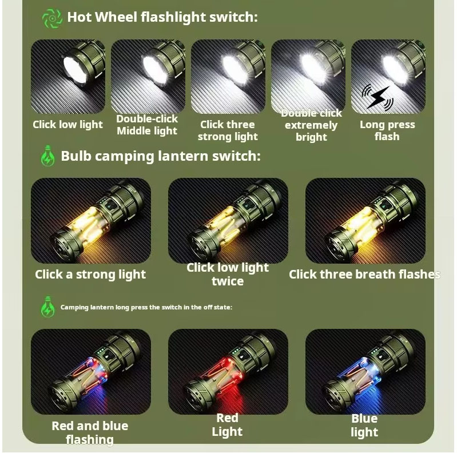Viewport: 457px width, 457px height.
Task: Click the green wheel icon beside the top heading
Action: [x=52, y=18]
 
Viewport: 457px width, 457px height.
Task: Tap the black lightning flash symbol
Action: [x=377, y=97]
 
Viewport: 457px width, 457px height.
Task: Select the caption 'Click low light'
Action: [x=67, y=125]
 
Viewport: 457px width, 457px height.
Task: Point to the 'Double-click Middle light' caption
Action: [x=147, y=125]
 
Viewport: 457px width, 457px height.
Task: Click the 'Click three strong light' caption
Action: [x=228, y=130]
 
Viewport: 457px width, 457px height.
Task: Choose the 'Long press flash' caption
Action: [x=387, y=130]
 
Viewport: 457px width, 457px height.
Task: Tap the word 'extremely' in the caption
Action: [x=311, y=125]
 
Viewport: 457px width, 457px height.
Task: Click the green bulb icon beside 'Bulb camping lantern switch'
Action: [x=48, y=156]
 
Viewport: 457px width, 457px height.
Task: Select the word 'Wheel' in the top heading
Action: [x=116, y=17]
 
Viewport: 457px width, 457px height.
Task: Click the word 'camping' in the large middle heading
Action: [x=125, y=157]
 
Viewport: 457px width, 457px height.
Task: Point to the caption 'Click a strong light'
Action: [x=90, y=275]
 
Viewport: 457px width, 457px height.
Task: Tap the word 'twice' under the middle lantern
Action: [x=228, y=281]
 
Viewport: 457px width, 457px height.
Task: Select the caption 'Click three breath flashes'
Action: [x=364, y=275]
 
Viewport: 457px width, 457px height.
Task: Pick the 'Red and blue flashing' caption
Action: [x=90, y=432]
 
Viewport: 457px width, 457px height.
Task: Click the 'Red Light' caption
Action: [x=227, y=424]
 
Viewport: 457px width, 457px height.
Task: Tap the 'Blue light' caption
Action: [x=364, y=425]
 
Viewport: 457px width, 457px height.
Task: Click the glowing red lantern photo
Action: [x=228, y=371]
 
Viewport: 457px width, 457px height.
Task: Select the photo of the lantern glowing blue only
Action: [x=365, y=371]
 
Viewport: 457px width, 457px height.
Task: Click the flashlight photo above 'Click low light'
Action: [x=68, y=77]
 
